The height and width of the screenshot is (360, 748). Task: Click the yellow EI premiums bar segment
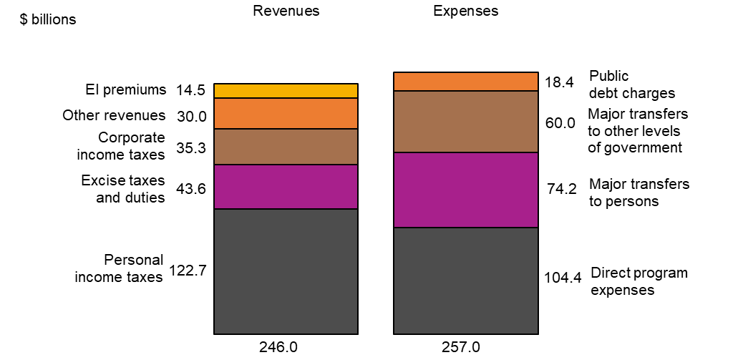click(x=286, y=91)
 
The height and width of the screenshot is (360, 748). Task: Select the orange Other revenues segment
click(x=286, y=113)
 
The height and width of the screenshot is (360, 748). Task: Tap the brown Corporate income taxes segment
click(x=286, y=147)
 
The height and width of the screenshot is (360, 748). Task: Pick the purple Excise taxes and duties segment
click(x=286, y=187)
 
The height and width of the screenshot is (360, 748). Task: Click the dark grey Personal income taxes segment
click(x=286, y=271)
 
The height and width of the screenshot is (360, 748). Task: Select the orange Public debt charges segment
click(x=465, y=82)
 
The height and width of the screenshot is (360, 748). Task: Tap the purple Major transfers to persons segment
click(x=465, y=190)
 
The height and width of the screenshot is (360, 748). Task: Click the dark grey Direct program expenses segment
click(x=465, y=281)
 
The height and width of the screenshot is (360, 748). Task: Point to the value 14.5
click(x=191, y=91)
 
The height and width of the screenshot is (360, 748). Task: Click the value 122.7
click(x=188, y=271)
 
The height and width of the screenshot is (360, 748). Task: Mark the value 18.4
click(x=560, y=83)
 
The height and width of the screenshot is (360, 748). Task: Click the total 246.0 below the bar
click(x=278, y=347)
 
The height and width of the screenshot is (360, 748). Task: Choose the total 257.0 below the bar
click(x=461, y=347)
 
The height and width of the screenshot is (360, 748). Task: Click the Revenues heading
click(x=286, y=11)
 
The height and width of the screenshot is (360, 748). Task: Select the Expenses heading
click(x=466, y=11)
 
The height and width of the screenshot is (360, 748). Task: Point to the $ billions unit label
click(x=48, y=20)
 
